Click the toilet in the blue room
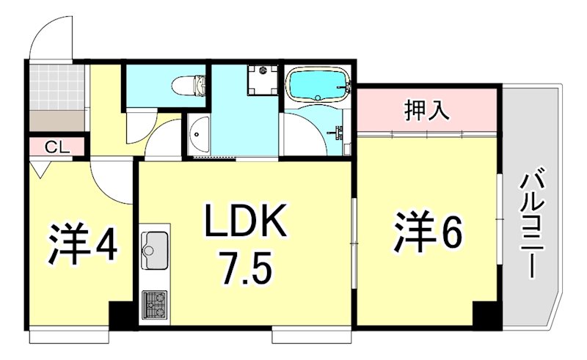point(189,87)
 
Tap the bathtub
point(318,86)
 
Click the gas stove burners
point(154,302)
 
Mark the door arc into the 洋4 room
point(110,183)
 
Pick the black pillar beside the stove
point(121,312)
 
